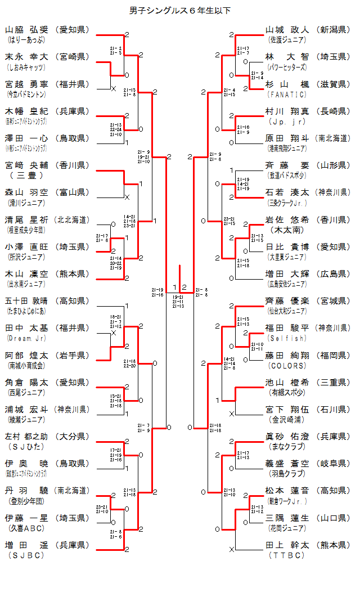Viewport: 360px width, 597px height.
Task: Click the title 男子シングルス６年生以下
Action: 180,10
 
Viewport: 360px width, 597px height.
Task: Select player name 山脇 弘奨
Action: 28,30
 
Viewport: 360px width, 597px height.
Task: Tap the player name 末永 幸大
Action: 28,57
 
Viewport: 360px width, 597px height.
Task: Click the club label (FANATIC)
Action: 287,94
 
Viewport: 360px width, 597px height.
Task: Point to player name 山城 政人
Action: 287,30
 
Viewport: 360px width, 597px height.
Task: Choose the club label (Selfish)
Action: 287,338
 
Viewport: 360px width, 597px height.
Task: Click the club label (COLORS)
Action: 287,365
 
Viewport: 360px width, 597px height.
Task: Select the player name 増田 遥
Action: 28,545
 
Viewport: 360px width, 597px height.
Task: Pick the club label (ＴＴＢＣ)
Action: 287,555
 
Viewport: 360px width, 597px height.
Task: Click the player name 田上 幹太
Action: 287,545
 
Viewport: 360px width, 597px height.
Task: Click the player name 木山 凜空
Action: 28,273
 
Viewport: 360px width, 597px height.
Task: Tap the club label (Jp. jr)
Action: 287,121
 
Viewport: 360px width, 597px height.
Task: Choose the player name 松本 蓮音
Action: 287,491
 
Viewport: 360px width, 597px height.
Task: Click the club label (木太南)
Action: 287,230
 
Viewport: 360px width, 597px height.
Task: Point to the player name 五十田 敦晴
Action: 28,300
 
